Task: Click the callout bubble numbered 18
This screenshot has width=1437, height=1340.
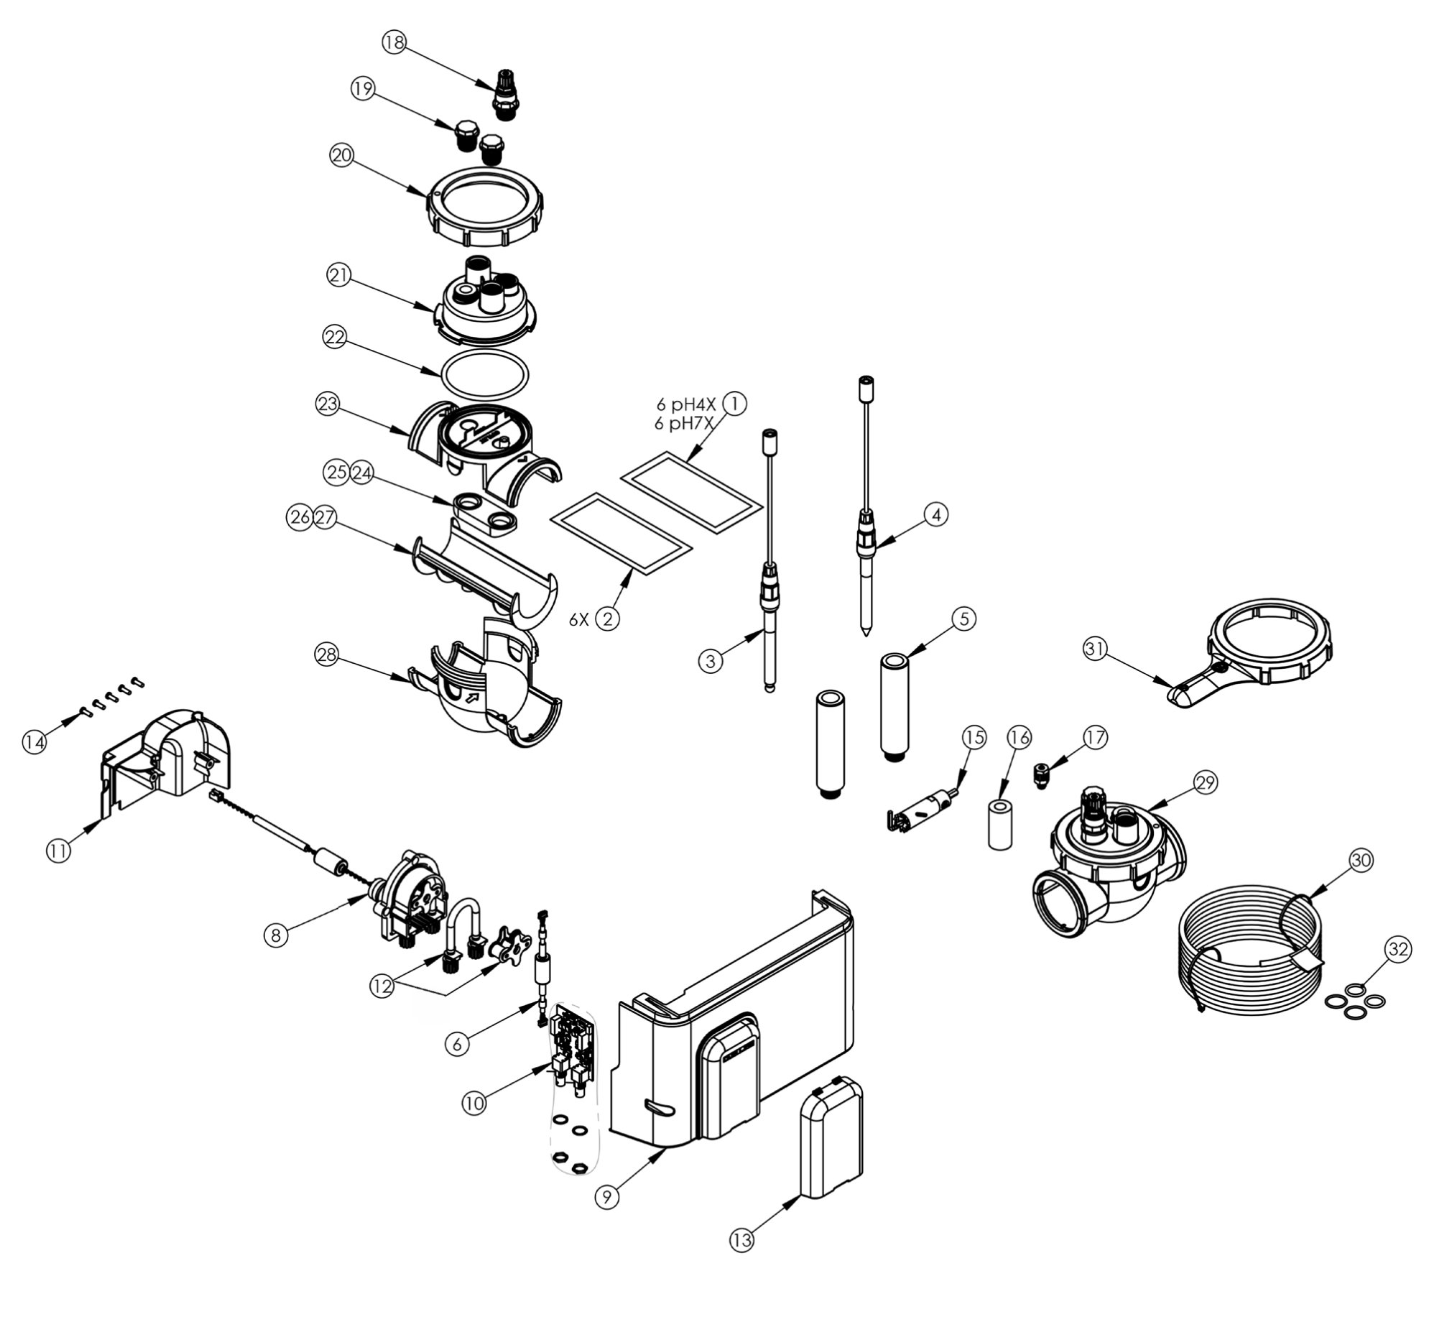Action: pyautogui.click(x=394, y=42)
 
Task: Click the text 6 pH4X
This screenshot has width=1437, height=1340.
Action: pyautogui.click(x=685, y=405)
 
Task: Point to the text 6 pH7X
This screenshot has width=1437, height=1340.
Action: pyautogui.click(x=684, y=423)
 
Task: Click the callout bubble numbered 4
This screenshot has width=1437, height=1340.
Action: pyautogui.click(x=936, y=514)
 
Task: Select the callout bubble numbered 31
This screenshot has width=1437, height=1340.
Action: pyautogui.click(x=1095, y=649)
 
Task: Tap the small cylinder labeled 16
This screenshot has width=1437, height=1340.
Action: pyautogui.click(x=999, y=823)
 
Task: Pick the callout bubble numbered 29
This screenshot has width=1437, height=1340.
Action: pyautogui.click(x=1206, y=782)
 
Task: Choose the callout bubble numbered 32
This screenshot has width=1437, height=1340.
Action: pyautogui.click(x=1397, y=949)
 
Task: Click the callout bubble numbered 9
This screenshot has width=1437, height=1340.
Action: pyautogui.click(x=606, y=1197)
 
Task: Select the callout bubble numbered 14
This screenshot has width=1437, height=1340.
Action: pyautogui.click(x=34, y=742)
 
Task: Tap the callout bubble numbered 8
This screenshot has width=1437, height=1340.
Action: pyautogui.click(x=275, y=935)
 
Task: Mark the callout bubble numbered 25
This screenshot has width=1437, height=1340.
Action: pyautogui.click(x=336, y=473)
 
